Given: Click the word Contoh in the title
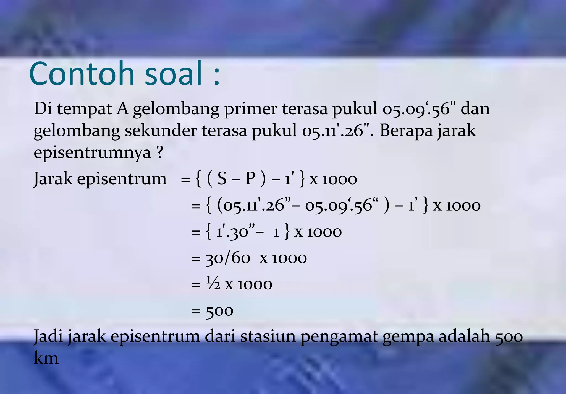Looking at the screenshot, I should coord(82,74).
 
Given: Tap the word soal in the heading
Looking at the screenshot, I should coord(173,74).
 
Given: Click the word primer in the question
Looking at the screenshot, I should coord(250,108).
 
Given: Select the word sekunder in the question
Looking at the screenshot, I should coord(161,131).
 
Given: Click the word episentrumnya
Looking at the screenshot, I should coord(92,153).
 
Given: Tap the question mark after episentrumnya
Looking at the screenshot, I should coord(160,152).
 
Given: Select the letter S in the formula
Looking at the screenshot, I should coord(222,178).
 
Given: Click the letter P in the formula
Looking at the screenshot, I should coord(250,178).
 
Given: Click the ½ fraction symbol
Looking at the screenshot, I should coord(213,284).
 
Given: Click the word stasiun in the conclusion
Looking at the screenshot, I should coord(268,336).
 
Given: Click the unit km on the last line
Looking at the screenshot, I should coord(46,358).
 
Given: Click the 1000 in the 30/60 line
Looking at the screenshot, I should coord(289,258).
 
